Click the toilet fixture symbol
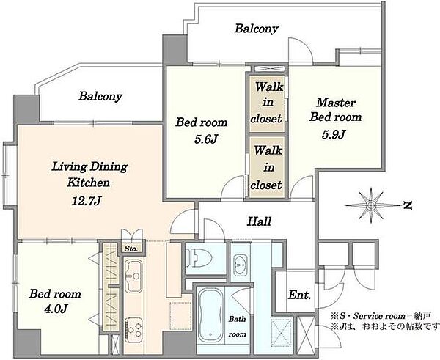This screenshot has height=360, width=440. [x=199, y=258]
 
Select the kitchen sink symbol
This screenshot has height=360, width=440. [x=133, y=276]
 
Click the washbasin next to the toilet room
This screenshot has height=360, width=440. [x=241, y=265]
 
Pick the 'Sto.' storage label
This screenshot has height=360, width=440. [x=131, y=249]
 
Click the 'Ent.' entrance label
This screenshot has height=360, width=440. [x=299, y=295]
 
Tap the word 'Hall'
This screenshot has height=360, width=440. [x=259, y=221]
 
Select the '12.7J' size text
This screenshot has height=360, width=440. [x=86, y=201]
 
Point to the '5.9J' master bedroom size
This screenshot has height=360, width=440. [x=334, y=135]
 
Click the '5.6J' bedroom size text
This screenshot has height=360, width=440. [x=206, y=139]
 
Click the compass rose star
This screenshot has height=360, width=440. [x=372, y=206]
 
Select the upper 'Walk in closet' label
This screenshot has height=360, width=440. [x=267, y=103]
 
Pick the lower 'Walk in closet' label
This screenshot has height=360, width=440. [x=267, y=167]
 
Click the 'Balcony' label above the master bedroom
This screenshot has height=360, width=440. [x=256, y=29]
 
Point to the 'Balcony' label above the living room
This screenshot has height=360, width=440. [x=100, y=96]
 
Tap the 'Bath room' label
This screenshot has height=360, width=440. [x=237, y=326]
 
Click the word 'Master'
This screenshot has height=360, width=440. [x=336, y=103]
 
